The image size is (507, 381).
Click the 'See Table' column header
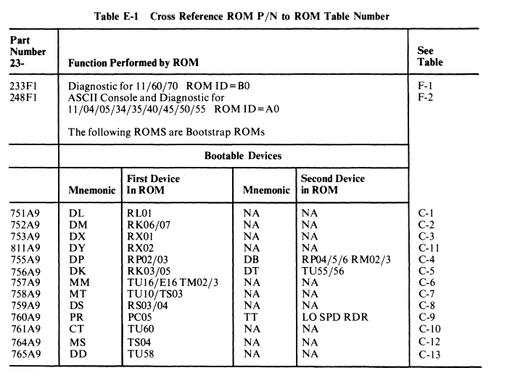431,57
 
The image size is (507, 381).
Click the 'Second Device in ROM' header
332,184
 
